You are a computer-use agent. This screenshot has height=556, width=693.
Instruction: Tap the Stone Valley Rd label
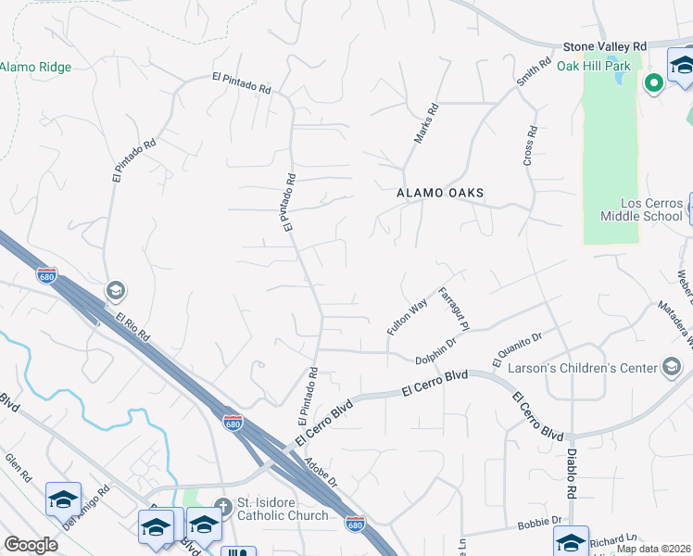(605, 46)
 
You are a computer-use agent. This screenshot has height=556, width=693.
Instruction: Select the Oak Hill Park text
(594, 66)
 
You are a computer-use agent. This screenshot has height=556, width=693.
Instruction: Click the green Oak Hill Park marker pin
(653, 83)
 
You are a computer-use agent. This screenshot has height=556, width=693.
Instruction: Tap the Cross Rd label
(529, 146)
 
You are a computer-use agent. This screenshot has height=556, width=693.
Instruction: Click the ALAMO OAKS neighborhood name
(440, 193)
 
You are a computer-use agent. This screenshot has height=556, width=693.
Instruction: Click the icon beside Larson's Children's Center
(671, 368)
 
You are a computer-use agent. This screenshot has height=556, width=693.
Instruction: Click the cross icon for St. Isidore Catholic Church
(221, 507)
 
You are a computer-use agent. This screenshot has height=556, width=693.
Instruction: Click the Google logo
(31, 544)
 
